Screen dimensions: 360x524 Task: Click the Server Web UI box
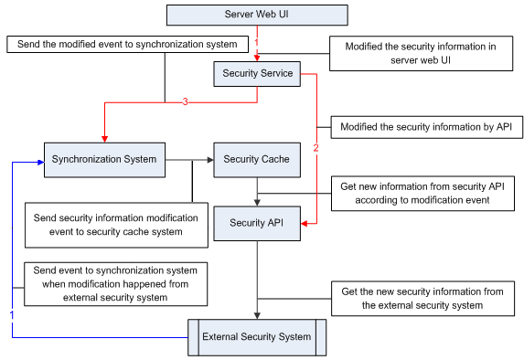[256, 15]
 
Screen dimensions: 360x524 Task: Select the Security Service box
[256, 73]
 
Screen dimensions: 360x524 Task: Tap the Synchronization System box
[104, 159]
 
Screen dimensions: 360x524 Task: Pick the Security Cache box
[256, 159]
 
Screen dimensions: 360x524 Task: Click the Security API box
[256, 223]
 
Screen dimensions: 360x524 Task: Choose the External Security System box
[256, 337]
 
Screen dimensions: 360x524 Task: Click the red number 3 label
[185, 102]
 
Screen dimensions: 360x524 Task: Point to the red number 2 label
[316, 146]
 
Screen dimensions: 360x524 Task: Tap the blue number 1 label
[12, 313]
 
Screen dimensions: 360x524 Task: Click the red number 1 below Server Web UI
[258, 42]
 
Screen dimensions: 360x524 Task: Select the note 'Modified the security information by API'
[426, 127]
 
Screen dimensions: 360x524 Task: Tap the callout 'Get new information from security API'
[422, 193]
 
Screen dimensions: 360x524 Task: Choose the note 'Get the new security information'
[422, 298]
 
